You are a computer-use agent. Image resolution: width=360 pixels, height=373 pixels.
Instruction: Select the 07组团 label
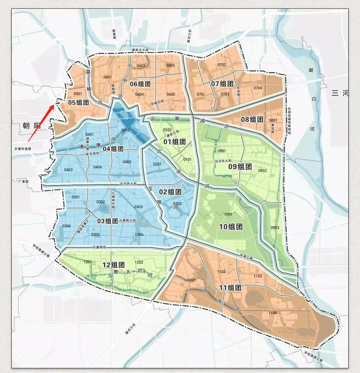point(222,84)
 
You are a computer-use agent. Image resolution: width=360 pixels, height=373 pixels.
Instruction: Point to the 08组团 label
point(252,119)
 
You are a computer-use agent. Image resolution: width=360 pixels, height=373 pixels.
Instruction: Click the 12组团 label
point(113,265)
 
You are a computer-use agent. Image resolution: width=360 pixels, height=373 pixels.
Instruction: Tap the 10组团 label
point(231,227)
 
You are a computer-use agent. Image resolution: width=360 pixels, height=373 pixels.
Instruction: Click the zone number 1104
point(273,313)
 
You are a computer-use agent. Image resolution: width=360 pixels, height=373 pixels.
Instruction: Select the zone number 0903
point(275,227)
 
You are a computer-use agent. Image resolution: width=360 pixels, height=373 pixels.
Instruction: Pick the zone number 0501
point(78,94)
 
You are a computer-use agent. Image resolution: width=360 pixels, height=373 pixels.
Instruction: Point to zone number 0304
point(66,226)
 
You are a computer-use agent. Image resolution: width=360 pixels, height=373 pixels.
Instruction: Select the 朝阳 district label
point(31,126)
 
